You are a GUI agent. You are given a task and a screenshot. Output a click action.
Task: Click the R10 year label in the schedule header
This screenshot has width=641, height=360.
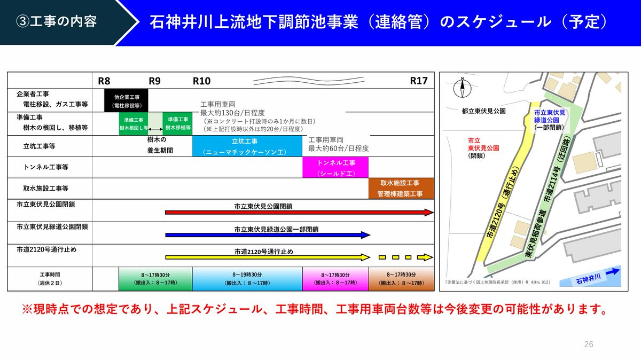(x=202, y=81)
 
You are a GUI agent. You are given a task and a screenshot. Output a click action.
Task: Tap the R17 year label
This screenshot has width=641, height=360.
(x=419, y=81)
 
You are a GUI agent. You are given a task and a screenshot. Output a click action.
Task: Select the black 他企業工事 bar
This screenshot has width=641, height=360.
(x=126, y=101)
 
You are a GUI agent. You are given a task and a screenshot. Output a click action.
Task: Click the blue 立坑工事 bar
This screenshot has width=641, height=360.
(x=247, y=146)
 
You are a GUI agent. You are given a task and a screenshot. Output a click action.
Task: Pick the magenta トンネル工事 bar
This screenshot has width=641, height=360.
(x=335, y=167)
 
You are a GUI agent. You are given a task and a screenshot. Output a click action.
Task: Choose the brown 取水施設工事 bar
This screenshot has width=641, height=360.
(x=401, y=189)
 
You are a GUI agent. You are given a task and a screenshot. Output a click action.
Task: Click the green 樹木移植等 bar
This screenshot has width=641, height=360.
(x=178, y=123)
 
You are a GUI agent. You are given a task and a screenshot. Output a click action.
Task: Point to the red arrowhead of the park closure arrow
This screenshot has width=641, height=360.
(x=429, y=213)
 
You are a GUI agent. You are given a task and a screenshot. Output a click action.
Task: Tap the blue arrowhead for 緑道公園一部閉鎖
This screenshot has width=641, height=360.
(x=365, y=235)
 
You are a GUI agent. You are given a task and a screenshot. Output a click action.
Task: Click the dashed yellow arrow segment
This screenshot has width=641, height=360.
(x=406, y=257)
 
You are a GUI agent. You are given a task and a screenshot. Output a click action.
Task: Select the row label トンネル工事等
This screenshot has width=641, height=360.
(x=46, y=167)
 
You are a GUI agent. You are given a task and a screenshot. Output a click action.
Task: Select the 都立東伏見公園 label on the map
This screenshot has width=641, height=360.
(x=483, y=111)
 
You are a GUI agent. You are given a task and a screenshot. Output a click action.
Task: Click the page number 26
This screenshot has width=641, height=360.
(x=589, y=344)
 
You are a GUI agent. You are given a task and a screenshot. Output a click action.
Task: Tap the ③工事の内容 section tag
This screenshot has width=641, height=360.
(x=56, y=22)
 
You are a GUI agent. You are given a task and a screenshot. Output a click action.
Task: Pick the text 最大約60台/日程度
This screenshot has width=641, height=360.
(x=339, y=148)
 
